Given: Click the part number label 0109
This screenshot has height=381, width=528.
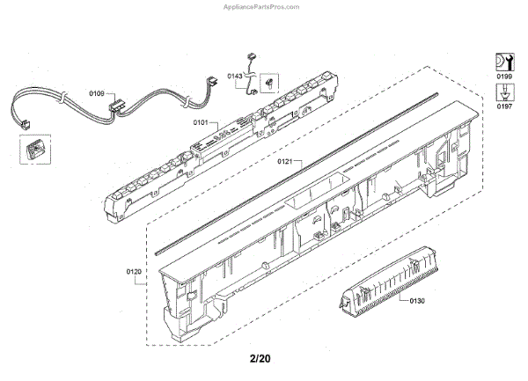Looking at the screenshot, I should pos(96,93).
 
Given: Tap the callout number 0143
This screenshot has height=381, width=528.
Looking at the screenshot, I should pos(234,77).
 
